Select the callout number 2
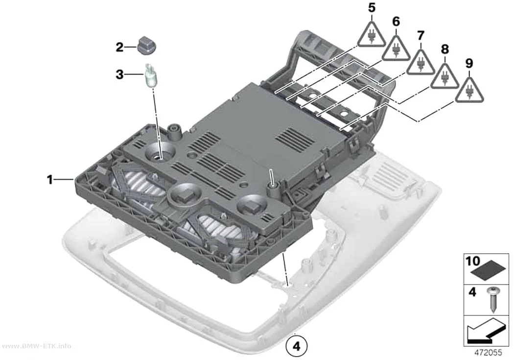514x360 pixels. point(119,47)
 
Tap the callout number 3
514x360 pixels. point(119,74)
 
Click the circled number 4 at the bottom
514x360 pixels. point(297,346)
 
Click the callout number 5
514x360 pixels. point(372,8)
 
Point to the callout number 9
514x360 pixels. point(469,63)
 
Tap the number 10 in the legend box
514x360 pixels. point(473,262)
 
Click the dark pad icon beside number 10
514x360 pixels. point(488,270)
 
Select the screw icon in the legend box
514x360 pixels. point(492,299)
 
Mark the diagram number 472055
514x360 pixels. point(489,353)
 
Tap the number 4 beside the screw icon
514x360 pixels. point(472,291)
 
